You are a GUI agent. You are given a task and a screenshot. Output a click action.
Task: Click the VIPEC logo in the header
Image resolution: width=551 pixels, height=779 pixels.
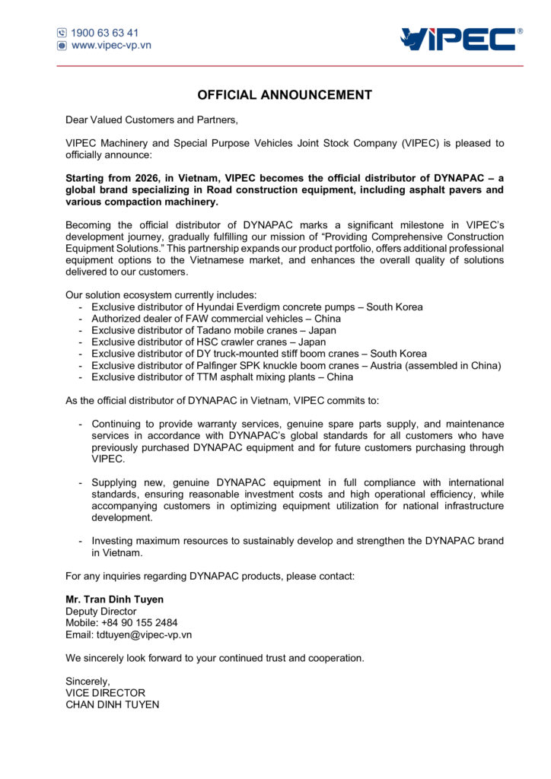[462, 39]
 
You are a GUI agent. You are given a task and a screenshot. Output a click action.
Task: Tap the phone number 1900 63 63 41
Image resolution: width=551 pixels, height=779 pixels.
[105, 33]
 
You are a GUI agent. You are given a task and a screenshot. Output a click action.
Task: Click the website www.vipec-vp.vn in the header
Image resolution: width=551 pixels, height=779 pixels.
[111, 45]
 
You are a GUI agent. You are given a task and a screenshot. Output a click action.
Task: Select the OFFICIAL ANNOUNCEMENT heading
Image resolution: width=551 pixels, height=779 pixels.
[285, 95]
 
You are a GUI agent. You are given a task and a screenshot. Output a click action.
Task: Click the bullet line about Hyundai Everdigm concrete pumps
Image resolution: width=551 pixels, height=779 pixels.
[256, 307]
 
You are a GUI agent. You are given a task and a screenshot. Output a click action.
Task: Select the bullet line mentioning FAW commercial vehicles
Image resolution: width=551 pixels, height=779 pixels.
[215, 319]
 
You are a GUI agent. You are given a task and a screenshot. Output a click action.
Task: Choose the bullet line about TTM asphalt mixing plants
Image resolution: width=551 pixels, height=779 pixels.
[221, 377]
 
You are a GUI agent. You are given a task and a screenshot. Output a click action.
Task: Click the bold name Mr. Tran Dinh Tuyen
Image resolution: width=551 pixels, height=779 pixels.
[114, 599]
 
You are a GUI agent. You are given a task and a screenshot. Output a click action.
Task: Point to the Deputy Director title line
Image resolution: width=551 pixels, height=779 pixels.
[101, 612]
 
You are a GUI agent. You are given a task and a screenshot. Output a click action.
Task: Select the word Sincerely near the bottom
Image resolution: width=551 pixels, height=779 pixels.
[87, 682]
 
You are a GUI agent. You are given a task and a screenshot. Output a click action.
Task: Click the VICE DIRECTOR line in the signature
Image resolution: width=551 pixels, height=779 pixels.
[105, 693]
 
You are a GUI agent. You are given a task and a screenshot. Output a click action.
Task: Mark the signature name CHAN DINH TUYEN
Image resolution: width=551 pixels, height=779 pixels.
[113, 704]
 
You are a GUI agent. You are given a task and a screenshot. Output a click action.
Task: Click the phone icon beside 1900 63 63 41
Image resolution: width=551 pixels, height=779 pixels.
[62, 33]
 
